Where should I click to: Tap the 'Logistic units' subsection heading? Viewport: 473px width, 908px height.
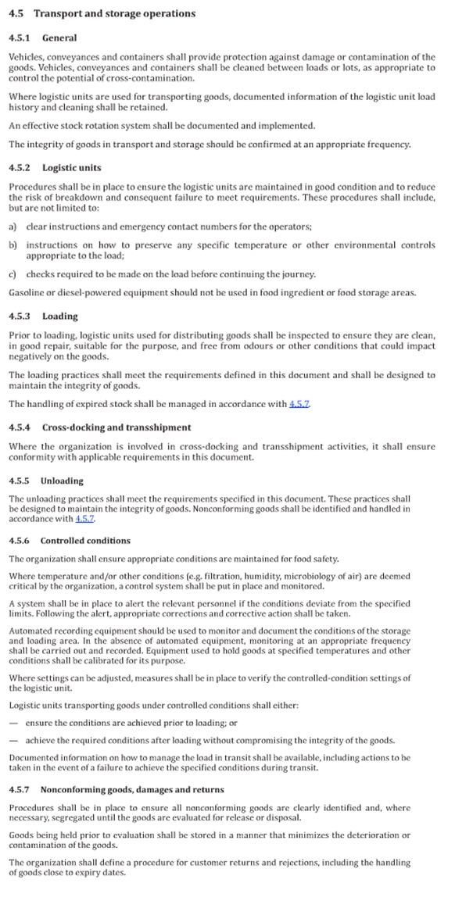pyautogui.click(x=71, y=168)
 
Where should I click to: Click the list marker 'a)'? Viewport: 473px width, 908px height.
pyautogui.click(x=13, y=227)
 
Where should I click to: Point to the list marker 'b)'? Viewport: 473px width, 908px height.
pyautogui.click(x=13, y=245)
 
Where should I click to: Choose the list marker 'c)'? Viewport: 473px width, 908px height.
pyautogui.click(x=13, y=274)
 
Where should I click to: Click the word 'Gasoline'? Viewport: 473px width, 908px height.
pyautogui.click(x=28, y=292)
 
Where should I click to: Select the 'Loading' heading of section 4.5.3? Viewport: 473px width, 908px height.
pyautogui.click(x=59, y=316)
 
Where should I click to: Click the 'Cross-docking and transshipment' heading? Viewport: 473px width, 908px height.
pyautogui.click(x=116, y=427)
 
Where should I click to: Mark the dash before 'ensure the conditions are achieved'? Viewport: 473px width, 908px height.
pyautogui.click(x=13, y=723)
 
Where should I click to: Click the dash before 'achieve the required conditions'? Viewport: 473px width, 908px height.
pyautogui.click(x=13, y=740)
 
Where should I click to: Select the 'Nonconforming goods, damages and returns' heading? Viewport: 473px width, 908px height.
pyautogui.click(x=132, y=790)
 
